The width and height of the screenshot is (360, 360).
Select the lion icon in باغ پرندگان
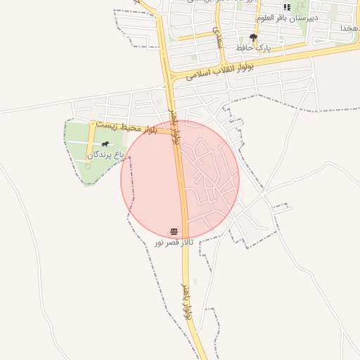coord(105,144)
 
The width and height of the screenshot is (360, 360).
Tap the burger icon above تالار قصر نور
coord(174,231)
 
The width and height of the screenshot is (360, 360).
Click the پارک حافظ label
coord(254,47)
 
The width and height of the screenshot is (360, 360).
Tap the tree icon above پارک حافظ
coord(254,37)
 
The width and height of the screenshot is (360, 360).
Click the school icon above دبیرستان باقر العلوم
coord(287,7)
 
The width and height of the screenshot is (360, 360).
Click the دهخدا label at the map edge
coord(349,27)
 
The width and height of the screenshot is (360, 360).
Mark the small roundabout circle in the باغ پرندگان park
coord(88,167)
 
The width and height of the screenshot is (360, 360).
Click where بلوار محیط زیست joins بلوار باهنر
coord(173,131)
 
